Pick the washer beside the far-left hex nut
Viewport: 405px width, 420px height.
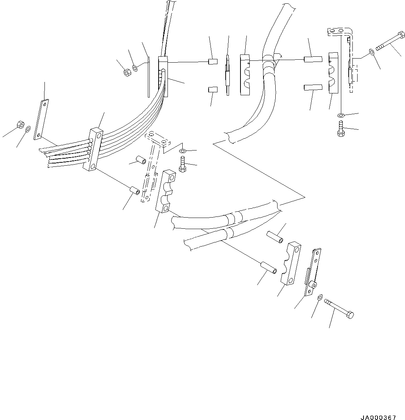(x=28, y=129)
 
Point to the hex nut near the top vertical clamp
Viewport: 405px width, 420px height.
(x=126, y=73)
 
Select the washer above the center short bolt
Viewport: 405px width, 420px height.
(x=182, y=151)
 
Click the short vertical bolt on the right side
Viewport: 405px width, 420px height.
(x=341, y=129)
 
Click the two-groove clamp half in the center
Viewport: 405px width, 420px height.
(x=165, y=191)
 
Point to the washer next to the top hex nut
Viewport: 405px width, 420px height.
(x=135, y=68)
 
